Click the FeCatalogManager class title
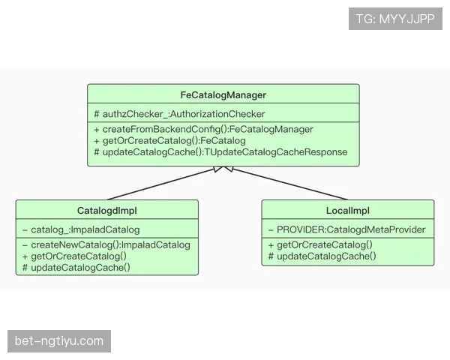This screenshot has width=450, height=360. point(223,95)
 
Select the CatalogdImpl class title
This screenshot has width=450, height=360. point(107,211)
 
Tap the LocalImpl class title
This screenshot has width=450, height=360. point(348,211)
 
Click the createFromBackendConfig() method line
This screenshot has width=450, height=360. point(203,129)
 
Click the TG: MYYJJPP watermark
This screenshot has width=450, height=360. point(395,19)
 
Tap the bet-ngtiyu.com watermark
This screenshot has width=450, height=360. point(59,341)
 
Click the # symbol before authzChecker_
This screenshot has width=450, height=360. point(97,114)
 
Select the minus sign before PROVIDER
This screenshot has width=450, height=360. point(271,230)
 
